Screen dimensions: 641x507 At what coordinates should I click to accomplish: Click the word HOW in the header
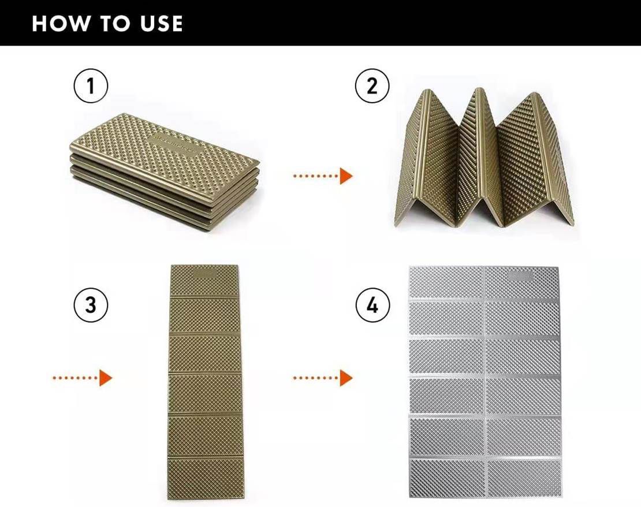pos(61,23)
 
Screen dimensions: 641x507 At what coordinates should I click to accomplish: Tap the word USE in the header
pos(162,23)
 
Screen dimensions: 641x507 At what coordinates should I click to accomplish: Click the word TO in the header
pos(115,23)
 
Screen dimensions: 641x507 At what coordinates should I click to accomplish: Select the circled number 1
pos(91,86)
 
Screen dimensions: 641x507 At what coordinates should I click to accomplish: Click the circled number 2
pos(372,86)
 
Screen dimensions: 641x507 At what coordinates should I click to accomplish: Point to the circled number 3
pos(91,305)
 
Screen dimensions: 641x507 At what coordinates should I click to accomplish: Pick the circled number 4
pos(372,305)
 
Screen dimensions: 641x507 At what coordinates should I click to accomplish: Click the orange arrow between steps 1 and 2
pos(323,176)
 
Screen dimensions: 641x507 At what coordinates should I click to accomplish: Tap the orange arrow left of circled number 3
pos(82,378)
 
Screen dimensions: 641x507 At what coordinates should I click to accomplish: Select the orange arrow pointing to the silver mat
pos(323,378)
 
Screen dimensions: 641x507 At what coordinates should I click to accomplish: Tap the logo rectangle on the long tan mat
pos(206,273)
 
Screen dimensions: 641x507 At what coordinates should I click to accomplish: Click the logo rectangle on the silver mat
pos(521,276)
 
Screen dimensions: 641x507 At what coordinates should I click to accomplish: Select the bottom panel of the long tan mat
pos(206,478)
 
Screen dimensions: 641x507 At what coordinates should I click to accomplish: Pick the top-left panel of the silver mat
pos(447,283)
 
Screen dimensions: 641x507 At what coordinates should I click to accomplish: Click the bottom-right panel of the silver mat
pos(524,478)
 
